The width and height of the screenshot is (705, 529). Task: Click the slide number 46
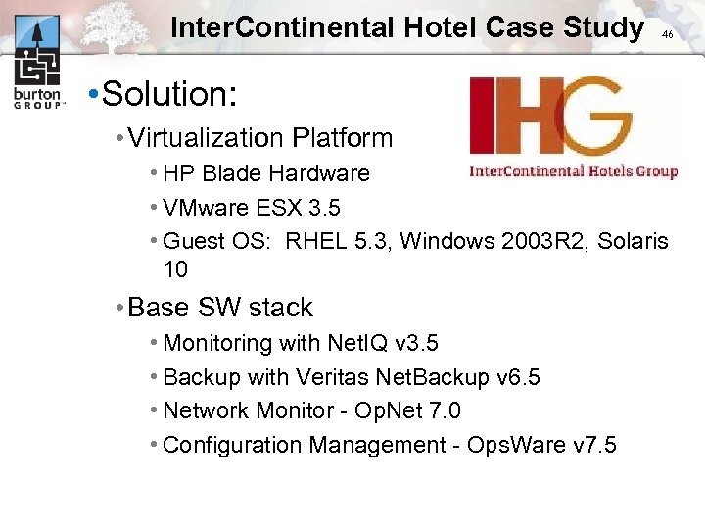pyautogui.click(x=667, y=34)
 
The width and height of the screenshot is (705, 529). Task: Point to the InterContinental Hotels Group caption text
pyautogui.click(x=574, y=171)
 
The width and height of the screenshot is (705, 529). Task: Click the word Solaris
pyautogui.click(x=633, y=241)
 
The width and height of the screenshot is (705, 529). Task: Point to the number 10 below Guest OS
pyautogui.click(x=175, y=269)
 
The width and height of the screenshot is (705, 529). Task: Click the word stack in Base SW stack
pyautogui.click(x=280, y=308)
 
